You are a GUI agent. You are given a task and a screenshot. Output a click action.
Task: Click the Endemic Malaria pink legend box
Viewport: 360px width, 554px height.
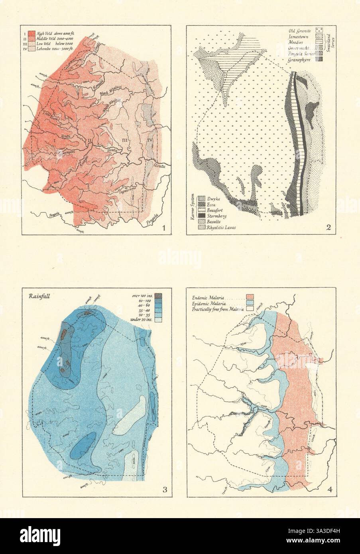click(250, 297)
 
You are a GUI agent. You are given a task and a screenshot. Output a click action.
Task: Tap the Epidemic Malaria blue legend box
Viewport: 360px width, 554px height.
click(250, 303)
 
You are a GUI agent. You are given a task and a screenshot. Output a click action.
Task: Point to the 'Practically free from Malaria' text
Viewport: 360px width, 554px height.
click(218, 308)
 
